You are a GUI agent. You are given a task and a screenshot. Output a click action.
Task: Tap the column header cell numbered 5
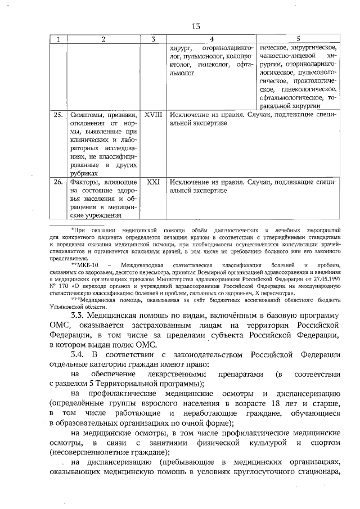(298, 39)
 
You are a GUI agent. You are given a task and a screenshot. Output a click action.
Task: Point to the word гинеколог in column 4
(214, 65)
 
